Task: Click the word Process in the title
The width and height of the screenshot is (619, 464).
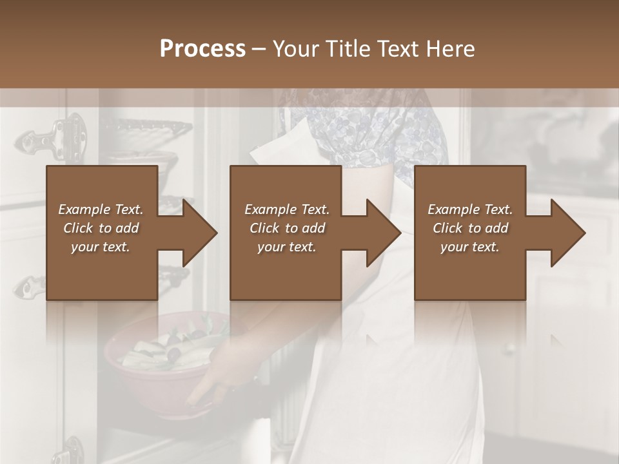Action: [x=202, y=48]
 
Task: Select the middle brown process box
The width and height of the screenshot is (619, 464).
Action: [x=286, y=271]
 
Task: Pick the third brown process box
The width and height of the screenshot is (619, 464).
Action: [x=469, y=271]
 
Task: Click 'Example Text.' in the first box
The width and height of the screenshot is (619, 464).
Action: [x=101, y=209]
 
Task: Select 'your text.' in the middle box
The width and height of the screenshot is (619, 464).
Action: [x=286, y=247]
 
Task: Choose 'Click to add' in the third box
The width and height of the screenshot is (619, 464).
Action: [x=470, y=228]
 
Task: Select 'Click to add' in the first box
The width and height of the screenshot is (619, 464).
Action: [x=101, y=228]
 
